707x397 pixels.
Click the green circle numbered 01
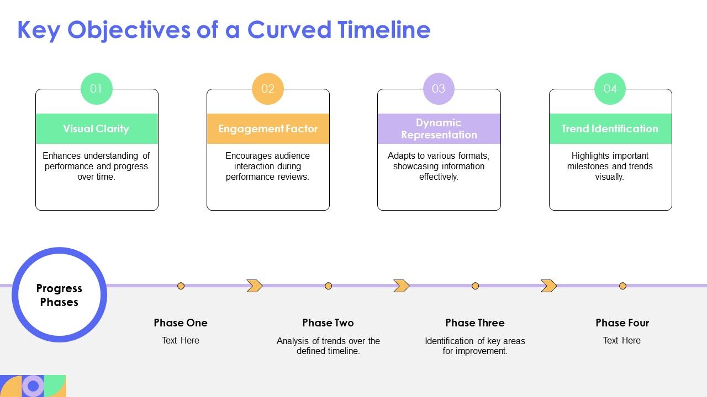tap(97, 89)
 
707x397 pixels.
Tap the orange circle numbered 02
tap(268, 89)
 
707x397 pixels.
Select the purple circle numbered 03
tap(439, 89)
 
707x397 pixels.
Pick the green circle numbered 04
tap(610, 89)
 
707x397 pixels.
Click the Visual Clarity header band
tap(97, 129)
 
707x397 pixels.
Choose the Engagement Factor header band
tap(268, 129)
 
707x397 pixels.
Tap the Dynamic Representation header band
tap(439, 129)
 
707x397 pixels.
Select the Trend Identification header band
tap(610, 129)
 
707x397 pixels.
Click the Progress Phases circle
tap(59, 295)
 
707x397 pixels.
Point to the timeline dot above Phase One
tap(181, 286)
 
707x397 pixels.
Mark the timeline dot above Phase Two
tap(328, 286)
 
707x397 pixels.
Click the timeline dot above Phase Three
tap(475, 286)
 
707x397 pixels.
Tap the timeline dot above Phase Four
tap(622, 286)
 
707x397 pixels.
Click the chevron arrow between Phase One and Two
tap(254, 286)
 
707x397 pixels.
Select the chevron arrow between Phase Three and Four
tap(548, 286)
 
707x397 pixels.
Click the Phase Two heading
tap(328, 323)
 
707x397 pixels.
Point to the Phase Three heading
tap(475, 323)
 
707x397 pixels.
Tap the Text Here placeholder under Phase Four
tap(622, 340)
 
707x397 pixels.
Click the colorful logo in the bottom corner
tap(33, 385)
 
